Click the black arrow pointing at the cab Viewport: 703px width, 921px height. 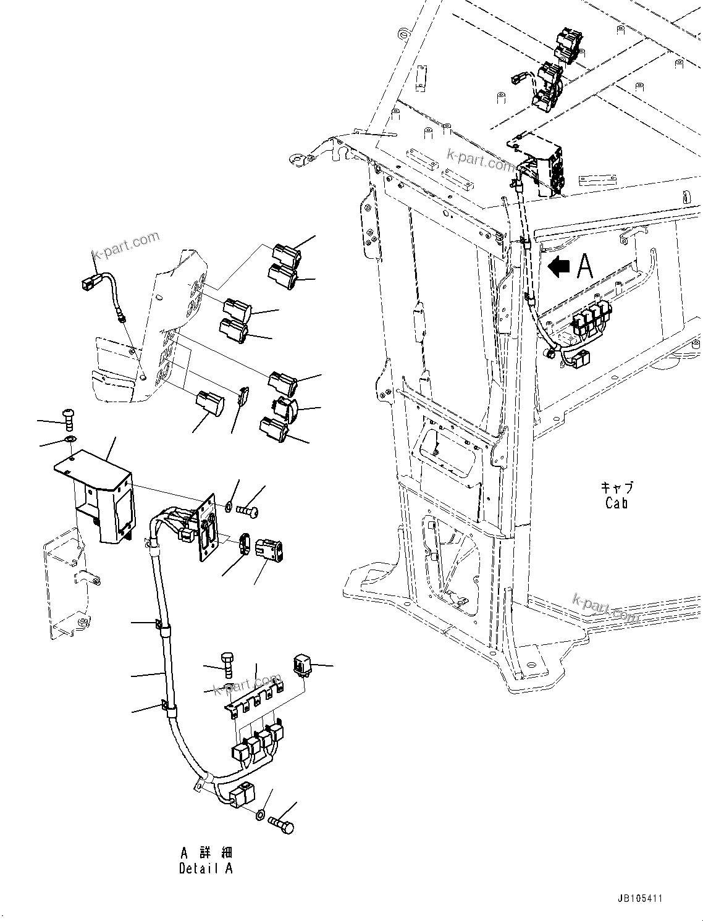[x=559, y=267]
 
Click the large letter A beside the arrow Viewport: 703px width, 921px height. [x=584, y=266]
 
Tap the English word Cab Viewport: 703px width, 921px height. [x=617, y=503]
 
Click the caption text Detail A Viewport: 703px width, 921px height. [x=206, y=868]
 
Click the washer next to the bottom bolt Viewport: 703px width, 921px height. [x=262, y=815]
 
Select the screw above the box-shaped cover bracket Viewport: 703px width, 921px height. [x=68, y=419]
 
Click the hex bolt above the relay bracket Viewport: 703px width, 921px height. [x=227, y=665]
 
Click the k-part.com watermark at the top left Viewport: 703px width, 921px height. [x=125, y=246]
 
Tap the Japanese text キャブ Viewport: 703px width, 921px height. [x=617, y=487]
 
